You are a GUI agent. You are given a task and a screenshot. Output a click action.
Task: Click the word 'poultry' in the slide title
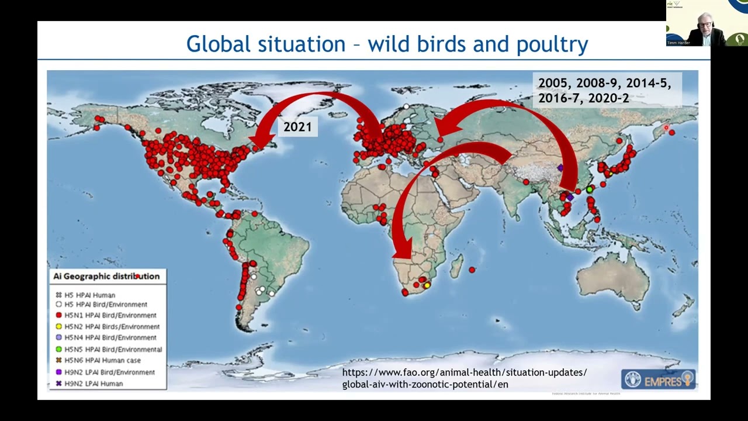tap(552, 44)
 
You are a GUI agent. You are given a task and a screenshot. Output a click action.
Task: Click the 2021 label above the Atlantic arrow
tap(297, 127)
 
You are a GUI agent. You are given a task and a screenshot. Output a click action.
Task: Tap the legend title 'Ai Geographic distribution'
tap(106, 276)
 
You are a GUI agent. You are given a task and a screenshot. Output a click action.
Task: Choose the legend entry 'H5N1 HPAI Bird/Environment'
tap(110, 315)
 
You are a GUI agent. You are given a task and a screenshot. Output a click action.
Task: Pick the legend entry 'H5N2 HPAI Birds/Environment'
tap(111, 326)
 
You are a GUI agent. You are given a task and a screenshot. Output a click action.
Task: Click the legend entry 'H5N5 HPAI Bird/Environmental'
tap(113, 349)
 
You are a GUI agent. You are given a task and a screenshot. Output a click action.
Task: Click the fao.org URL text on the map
tap(464, 378)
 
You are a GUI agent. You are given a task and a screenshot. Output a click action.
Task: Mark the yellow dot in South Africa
tap(427, 285)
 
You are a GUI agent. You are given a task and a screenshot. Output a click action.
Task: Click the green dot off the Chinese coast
tap(590, 189)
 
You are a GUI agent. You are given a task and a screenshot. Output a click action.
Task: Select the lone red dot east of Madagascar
tap(472, 270)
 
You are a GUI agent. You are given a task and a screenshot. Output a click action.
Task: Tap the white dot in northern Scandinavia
tap(406, 106)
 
